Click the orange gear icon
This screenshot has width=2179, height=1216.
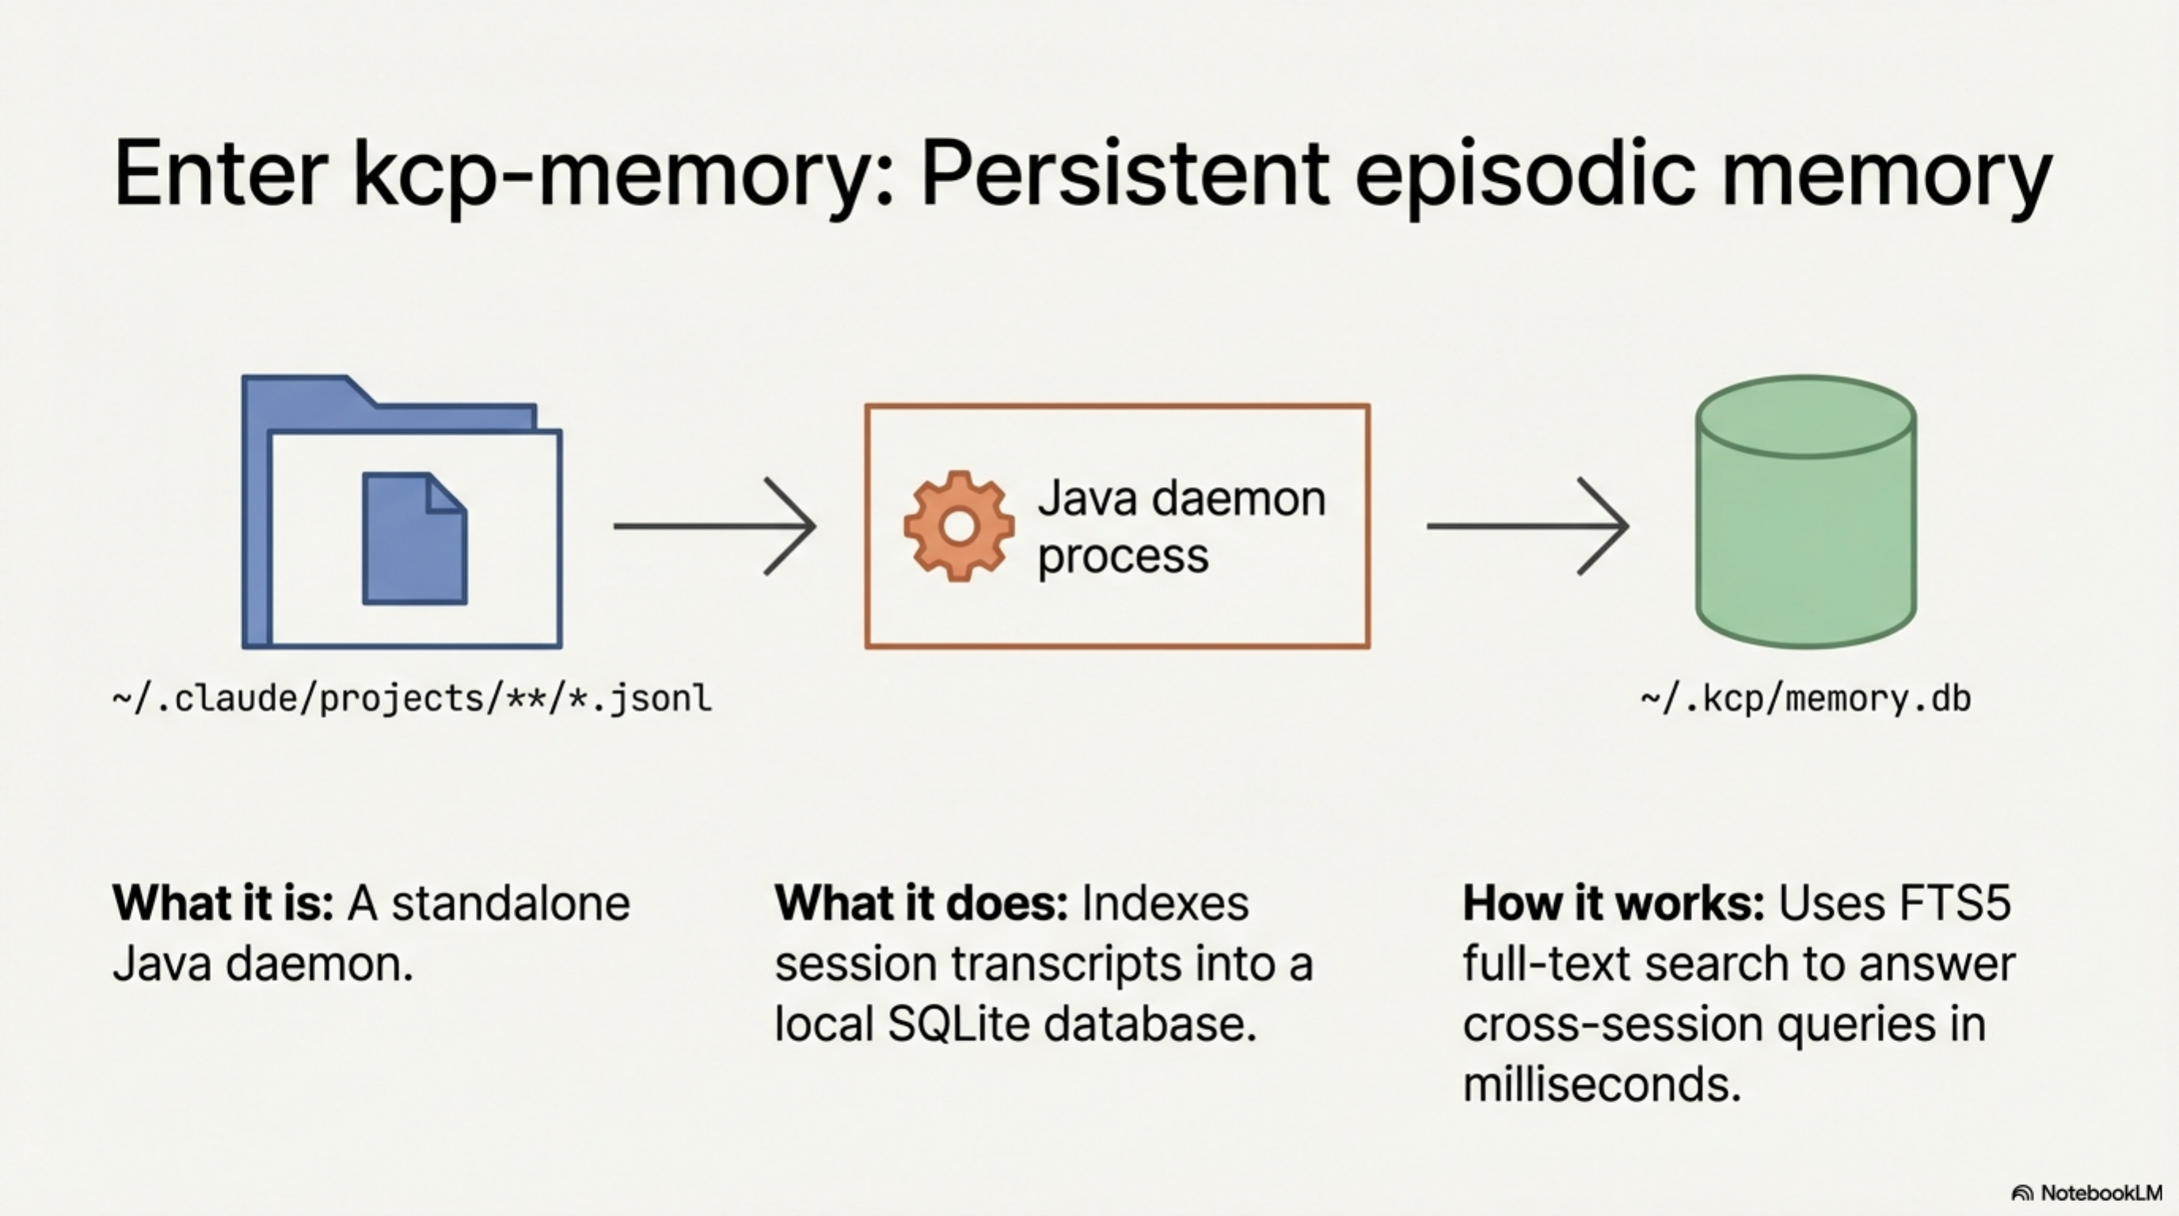958,526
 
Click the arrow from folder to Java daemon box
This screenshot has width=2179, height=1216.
715,526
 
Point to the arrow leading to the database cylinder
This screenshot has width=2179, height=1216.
1527,526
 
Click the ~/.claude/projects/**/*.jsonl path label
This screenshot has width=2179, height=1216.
412,698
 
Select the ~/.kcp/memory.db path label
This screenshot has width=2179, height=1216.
1806,698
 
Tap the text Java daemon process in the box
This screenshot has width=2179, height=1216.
1181,526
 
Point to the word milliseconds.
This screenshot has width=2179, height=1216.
1601,1084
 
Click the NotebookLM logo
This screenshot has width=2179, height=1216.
2086,1193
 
